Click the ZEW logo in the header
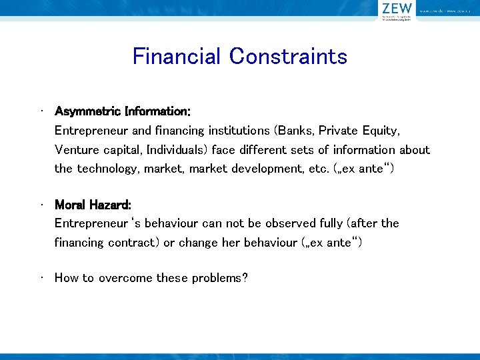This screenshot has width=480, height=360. [x=397, y=9]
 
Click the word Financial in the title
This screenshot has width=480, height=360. [x=176, y=56]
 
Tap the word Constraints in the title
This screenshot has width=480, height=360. [x=288, y=56]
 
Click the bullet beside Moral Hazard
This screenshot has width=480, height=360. [x=42, y=203]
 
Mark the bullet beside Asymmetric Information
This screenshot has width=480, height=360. [x=42, y=110]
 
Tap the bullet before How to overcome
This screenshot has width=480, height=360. [x=42, y=277]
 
